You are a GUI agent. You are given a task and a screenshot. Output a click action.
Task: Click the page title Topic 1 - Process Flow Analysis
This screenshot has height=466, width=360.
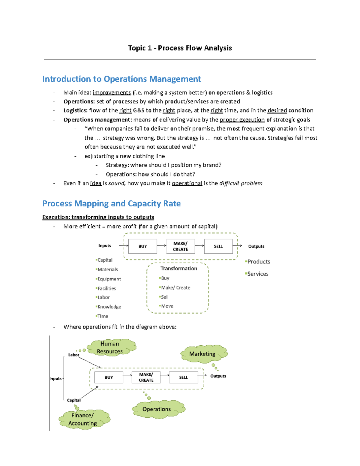(x=180, y=48)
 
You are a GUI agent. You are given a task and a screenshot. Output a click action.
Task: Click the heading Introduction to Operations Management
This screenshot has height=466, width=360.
(x=121, y=79)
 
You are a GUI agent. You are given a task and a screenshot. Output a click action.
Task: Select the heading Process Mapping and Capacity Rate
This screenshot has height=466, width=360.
(x=111, y=203)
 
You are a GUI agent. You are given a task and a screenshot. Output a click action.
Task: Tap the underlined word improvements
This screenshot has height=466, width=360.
(x=112, y=92)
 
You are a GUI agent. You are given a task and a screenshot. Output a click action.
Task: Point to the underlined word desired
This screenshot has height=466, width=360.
(x=277, y=110)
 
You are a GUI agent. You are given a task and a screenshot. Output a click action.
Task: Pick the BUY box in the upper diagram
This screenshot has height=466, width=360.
(x=142, y=246)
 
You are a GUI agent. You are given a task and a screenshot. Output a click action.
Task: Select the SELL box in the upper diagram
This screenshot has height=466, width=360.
(x=218, y=246)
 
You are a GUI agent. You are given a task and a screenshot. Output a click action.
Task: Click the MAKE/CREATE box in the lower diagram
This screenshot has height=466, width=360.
(x=146, y=377)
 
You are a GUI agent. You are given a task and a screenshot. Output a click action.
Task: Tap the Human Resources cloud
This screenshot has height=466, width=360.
(x=110, y=347)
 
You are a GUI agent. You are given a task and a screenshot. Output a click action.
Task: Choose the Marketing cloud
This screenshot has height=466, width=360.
(x=202, y=354)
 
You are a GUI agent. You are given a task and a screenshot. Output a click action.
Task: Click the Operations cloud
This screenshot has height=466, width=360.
(x=157, y=409)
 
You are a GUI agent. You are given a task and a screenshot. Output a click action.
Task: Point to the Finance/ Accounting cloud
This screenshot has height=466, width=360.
(x=82, y=419)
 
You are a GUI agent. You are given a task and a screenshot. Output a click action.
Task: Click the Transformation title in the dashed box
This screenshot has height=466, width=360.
(x=178, y=269)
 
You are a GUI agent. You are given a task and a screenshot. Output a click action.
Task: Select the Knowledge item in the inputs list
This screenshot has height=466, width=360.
(x=109, y=307)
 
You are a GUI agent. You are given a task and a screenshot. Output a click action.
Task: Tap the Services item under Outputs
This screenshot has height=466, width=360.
(x=258, y=274)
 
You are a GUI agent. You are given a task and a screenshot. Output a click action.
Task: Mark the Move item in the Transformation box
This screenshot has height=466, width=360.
(x=167, y=306)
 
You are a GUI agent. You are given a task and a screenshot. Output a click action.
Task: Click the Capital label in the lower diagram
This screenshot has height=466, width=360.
(x=74, y=400)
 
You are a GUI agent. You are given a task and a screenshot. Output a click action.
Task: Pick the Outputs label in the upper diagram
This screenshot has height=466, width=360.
(x=256, y=246)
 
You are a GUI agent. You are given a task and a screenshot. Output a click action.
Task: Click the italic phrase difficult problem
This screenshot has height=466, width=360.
(x=241, y=183)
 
